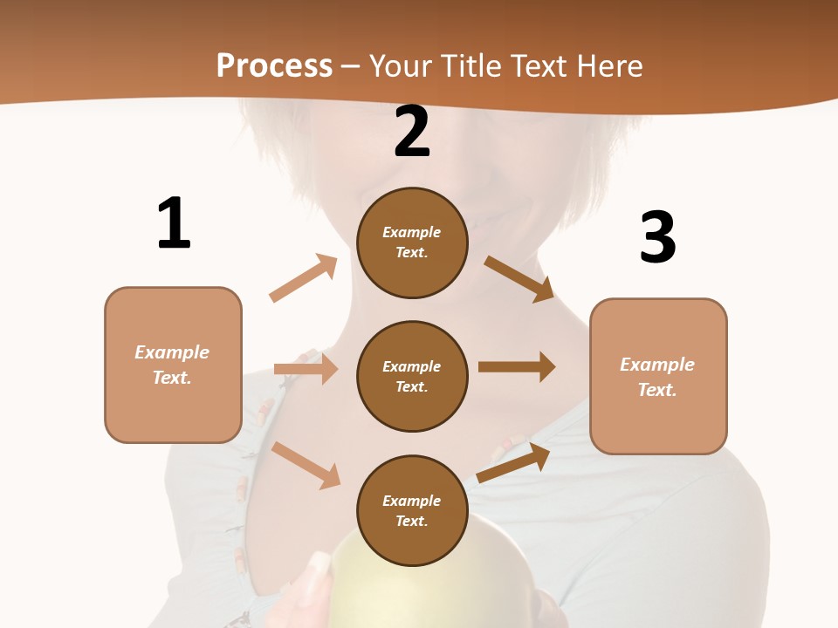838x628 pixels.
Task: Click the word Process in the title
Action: coord(274,66)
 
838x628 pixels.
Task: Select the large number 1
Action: coord(173,223)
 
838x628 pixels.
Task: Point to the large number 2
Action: coord(412,132)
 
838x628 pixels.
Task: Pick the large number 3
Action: coord(657,237)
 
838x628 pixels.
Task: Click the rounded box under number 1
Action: coord(173,365)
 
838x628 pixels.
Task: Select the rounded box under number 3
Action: coord(658,376)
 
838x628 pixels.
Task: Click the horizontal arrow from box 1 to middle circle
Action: coord(306,369)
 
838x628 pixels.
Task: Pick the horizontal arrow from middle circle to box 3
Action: coord(517,367)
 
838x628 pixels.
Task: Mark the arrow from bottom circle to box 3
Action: coord(513,463)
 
